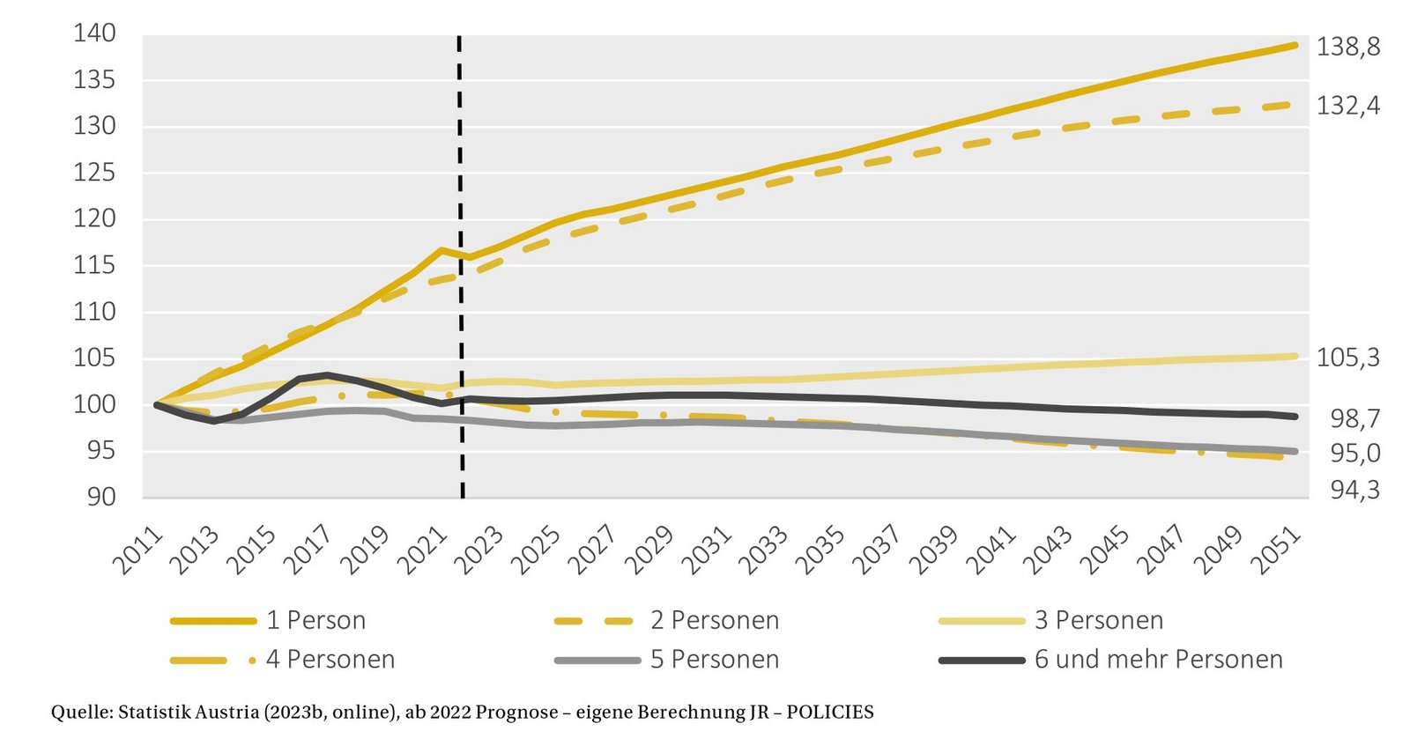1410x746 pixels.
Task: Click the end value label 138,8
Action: click(x=1347, y=47)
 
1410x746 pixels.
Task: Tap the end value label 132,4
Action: click(x=1347, y=107)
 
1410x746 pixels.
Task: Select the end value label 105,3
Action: click(x=1347, y=358)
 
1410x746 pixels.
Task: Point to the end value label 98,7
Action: click(x=1354, y=419)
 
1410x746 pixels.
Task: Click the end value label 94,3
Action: click(x=1354, y=490)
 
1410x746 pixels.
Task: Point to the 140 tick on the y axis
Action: click(x=94, y=33)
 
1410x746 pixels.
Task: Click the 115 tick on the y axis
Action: click(x=94, y=265)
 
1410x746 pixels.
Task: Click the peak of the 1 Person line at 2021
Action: click(x=440, y=250)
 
